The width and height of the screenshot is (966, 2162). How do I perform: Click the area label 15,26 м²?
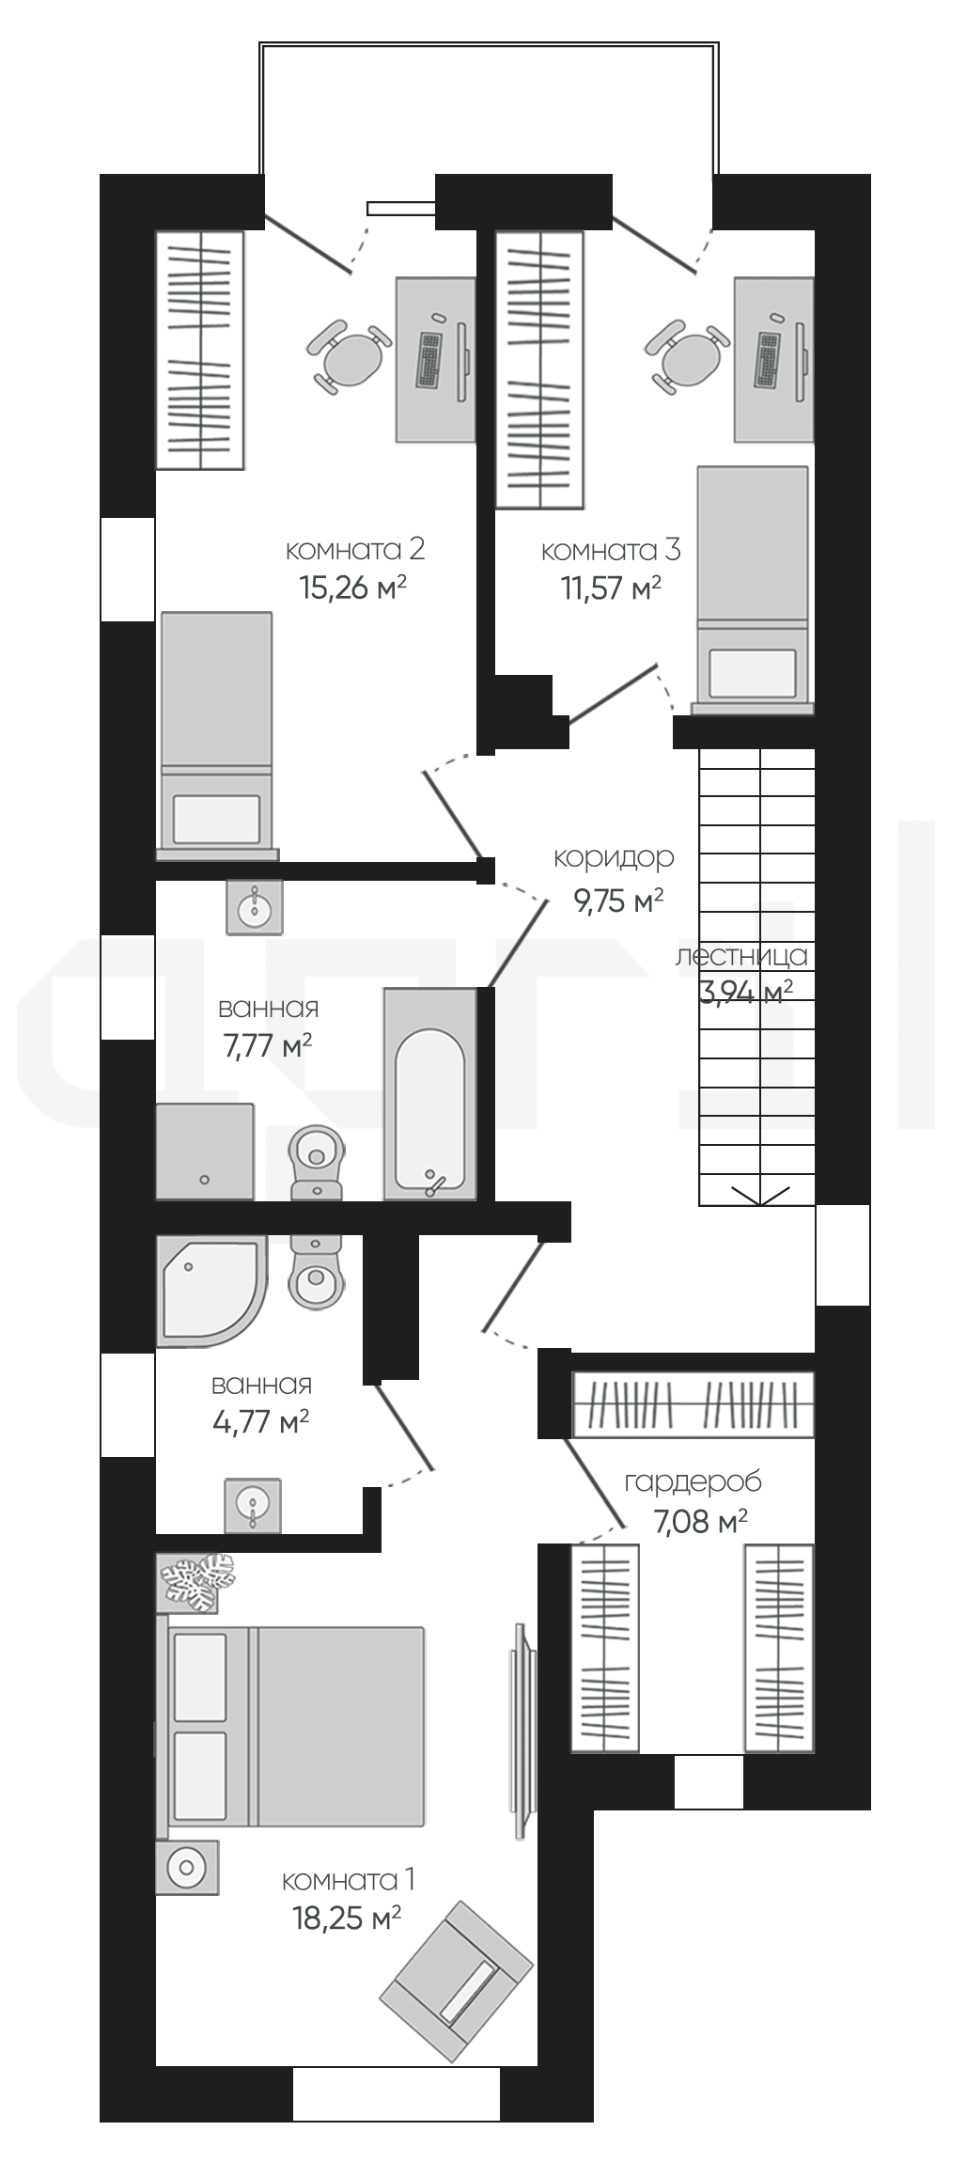point(352,588)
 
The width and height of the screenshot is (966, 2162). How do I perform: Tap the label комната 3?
point(611,550)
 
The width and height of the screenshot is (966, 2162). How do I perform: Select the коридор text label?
point(614,858)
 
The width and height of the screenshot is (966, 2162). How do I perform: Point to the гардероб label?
point(693,1482)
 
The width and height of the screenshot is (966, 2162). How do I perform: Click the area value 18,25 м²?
point(348,1918)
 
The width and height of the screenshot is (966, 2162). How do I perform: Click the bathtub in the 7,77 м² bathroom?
point(429,1094)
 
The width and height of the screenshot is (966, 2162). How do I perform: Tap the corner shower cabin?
point(212,1291)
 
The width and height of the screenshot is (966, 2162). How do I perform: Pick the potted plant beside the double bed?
point(196,1581)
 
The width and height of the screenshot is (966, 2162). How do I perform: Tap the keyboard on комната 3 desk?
point(769,361)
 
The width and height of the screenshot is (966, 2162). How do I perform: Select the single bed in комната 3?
point(753,590)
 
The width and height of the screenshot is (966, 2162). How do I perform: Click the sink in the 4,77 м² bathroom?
point(253,1506)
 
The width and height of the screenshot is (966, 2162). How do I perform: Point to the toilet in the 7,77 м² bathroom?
point(318,1162)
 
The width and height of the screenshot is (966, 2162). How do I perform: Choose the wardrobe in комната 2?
point(199,350)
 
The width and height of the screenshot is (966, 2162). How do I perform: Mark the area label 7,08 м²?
point(700,1521)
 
